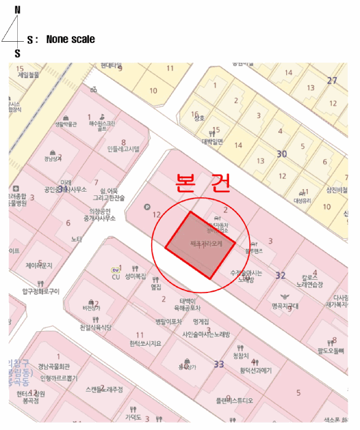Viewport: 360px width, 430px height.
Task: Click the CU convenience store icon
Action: click(x=115, y=270)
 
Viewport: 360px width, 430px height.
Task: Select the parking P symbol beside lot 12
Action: click(x=146, y=207)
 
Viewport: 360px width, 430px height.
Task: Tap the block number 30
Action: click(x=282, y=154)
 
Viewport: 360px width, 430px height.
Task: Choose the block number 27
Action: click(x=332, y=80)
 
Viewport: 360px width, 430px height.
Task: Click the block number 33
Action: click(x=219, y=364)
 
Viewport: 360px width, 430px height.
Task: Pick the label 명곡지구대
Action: click(x=285, y=305)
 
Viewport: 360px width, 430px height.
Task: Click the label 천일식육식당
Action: click(x=91, y=329)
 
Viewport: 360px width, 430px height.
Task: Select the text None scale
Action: click(x=70, y=39)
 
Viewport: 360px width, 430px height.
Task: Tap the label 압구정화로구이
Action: click(x=41, y=291)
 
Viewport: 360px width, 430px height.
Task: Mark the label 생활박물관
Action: click(x=66, y=124)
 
